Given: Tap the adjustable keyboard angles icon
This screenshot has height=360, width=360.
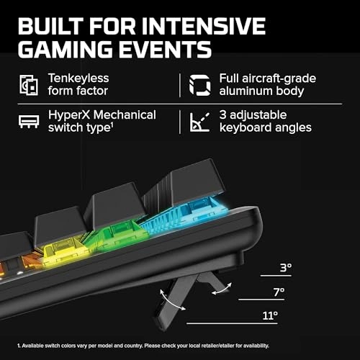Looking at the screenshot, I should (199, 122).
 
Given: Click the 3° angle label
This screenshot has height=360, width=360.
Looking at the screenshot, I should (285, 269).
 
